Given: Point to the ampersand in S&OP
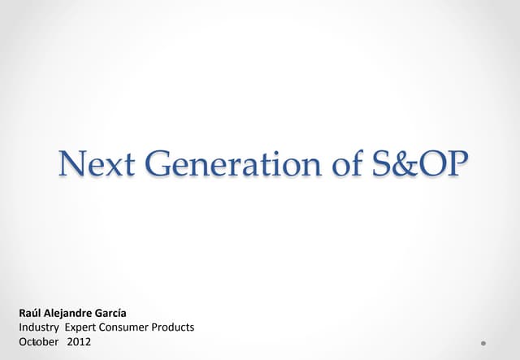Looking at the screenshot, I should [404, 166].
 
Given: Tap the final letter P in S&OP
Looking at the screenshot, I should [457, 166].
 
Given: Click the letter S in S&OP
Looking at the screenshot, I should [383, 166].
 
